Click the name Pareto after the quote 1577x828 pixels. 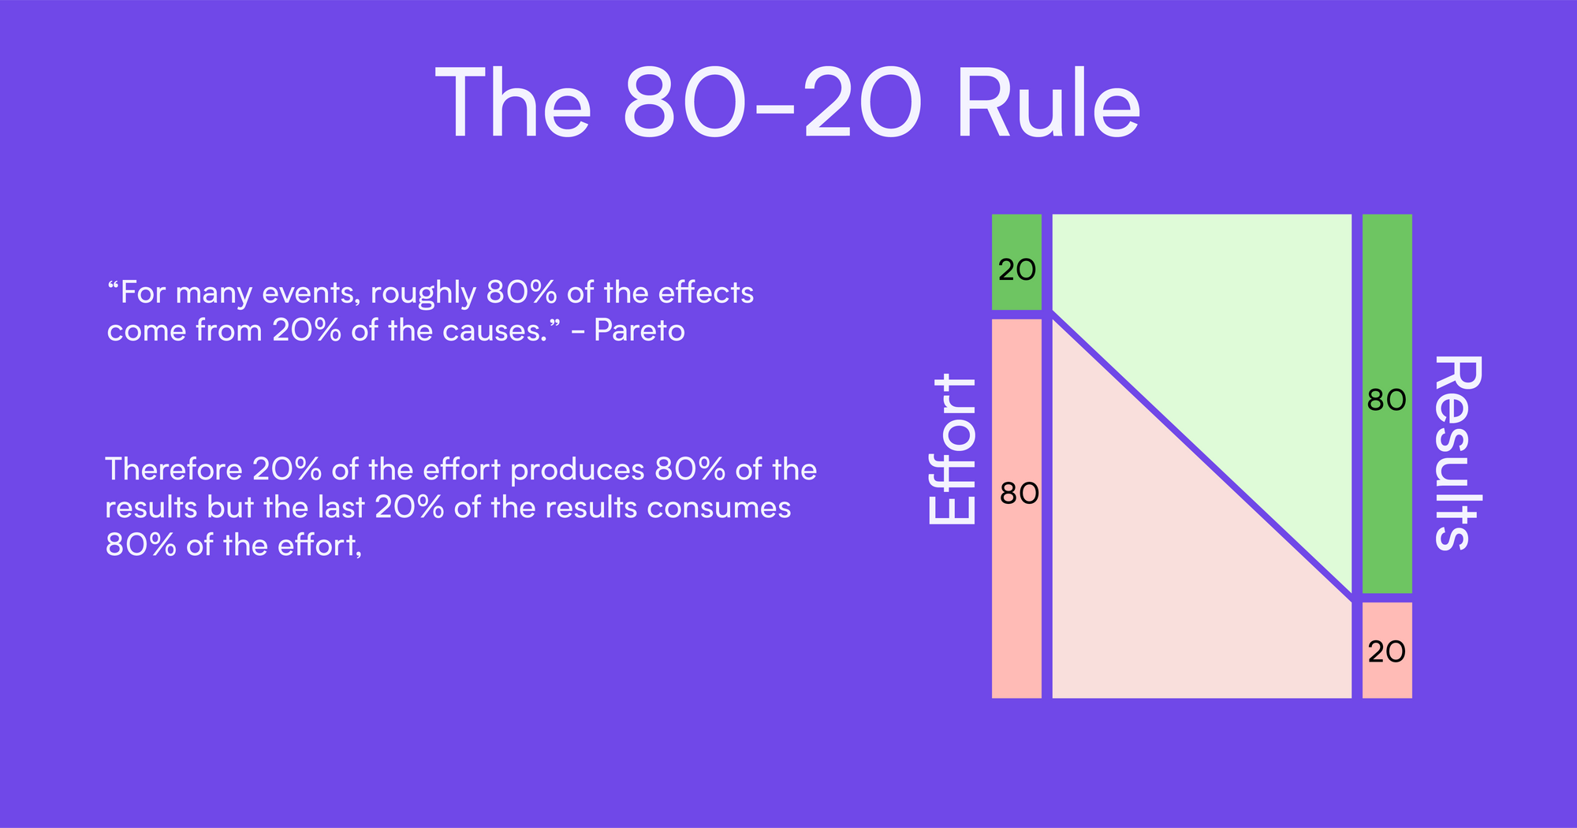[639, 330]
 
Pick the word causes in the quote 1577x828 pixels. [494, 330]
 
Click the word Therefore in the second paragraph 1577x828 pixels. [173, 470]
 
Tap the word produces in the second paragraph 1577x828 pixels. [577, 470]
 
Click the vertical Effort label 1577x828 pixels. [953, 449]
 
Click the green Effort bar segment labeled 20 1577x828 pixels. [1016, 263]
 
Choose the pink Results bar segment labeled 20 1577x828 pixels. [1387, 651]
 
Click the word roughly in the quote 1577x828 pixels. [423, 293]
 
